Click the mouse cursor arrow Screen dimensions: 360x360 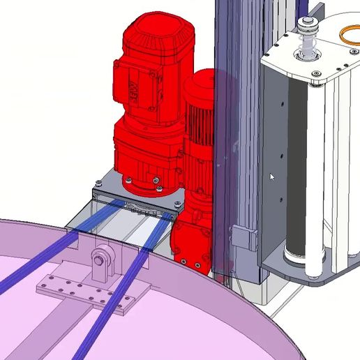pos(272,177)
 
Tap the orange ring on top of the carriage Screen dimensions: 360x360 pos(347,34)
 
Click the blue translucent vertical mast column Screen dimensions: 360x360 pos(227,140)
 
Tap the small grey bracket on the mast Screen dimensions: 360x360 pos(241,235)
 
